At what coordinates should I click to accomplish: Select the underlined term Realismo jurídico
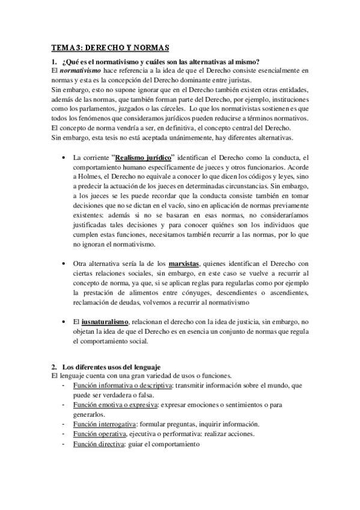click(x=141, y=156)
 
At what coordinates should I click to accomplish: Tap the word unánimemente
click(x=177, y=138)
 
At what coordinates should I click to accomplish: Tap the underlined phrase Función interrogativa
click(x=104, y=424)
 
